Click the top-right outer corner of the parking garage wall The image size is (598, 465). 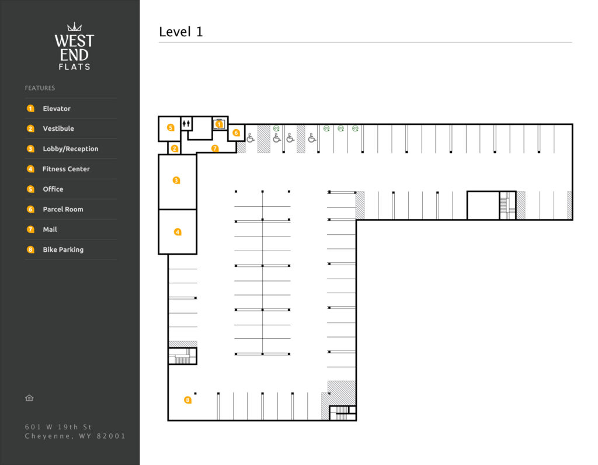pos(572,124)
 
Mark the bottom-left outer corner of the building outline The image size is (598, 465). pos(168,421)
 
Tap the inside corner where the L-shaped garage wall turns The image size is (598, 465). pos(356,220)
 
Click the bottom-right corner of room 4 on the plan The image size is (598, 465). pos(196,254)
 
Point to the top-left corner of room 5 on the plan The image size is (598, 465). pos(159,116)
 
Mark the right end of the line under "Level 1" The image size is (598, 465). pos(572,42)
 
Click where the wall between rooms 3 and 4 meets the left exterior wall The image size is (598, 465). pos(159,209)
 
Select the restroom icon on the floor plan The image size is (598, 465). pos(186,123)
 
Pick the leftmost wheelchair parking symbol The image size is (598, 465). pos(250,138)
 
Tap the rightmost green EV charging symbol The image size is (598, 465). pos(356,129)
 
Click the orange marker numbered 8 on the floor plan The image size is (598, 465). pos(187,400)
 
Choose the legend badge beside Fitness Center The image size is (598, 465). pos(30,169)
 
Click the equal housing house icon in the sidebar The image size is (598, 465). pos(29,398)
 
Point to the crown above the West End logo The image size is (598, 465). pos(74,27)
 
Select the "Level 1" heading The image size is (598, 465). pos(181,32)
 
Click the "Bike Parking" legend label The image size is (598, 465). pos(63,249)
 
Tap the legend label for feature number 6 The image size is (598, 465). pos(63,209)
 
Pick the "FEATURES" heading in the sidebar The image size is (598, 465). pos(40,88)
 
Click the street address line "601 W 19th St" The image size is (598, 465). pos(58,427)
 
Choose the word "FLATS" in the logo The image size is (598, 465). pos(74,67)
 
